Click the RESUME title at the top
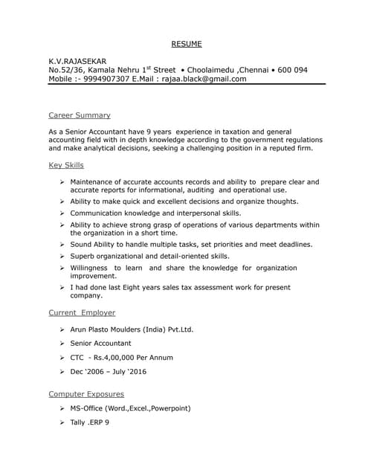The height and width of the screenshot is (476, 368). click(x=187, y=44)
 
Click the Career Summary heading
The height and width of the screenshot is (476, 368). click(x=80, y=115)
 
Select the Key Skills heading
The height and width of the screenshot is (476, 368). click(x=66, y=165)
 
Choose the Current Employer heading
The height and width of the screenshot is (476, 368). click(x=82, y=313)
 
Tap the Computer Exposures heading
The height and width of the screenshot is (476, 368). click(x=86, y=393)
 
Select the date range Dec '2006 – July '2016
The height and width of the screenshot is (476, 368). click(x=109, y=372)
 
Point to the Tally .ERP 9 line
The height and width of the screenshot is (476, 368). click(x=90, y=422)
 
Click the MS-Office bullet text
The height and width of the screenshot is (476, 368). click(x=131, y=408)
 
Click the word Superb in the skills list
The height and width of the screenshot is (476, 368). click(x=84, y=256)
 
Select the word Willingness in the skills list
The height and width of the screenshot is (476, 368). click(x=91, y=268)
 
